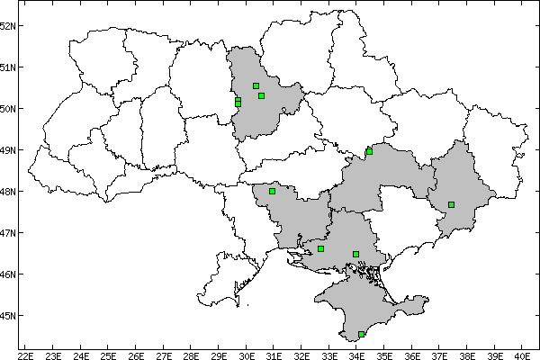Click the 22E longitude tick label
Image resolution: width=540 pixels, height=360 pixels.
[26, 353]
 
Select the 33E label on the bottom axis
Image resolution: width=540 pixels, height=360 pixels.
[329, 353]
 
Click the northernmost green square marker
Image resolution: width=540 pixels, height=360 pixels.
[256, 86]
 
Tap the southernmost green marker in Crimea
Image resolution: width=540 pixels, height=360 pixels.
[361, 335]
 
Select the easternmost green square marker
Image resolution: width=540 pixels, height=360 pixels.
[451, 204]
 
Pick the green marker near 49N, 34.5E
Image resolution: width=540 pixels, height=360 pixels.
[369, 151]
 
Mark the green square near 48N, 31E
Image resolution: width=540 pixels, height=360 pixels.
[272, 191]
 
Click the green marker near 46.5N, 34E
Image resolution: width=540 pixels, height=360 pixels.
[355, 254]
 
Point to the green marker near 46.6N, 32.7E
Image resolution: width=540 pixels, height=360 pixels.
[320, 248]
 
